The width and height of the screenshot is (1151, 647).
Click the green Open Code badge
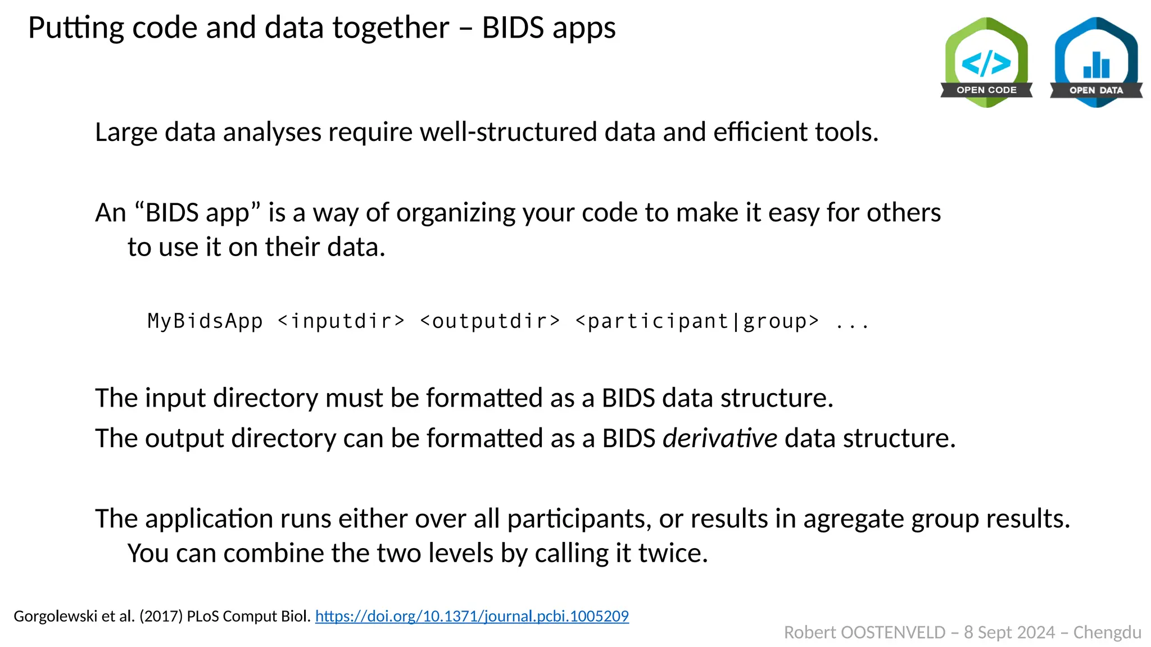pos(986,62)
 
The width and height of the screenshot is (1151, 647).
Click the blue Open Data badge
pos(1096,62)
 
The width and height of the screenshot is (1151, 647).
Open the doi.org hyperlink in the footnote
pos(472,616)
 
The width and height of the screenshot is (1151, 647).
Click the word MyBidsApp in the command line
pos(205,321)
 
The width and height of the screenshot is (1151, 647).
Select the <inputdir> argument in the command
pos(341,321)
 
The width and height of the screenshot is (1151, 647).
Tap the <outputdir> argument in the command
pos(490,321)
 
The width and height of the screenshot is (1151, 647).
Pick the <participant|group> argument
pos(697,321)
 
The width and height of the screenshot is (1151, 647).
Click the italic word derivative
pos(720,438)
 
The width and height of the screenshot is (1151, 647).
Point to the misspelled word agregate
pos(854,518)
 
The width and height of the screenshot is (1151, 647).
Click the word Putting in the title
pos(76,28)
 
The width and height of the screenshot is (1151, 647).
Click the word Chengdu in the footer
pos(1107,633)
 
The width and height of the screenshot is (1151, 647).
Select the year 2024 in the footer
pos(1037,633)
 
